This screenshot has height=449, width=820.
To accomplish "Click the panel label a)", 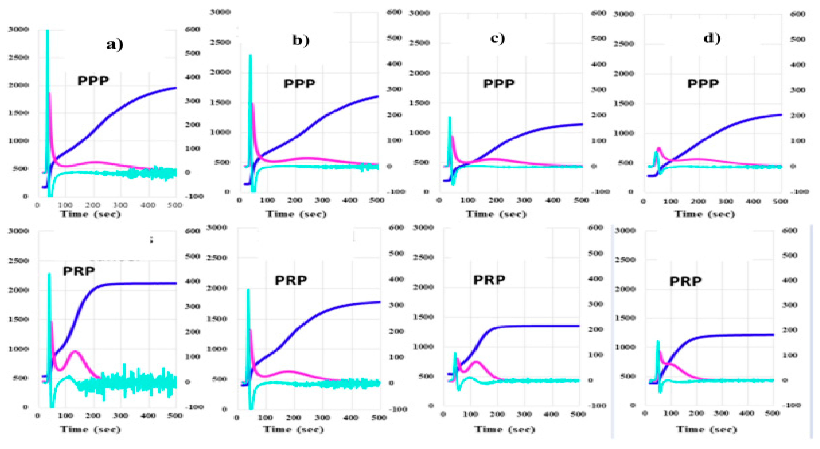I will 115,44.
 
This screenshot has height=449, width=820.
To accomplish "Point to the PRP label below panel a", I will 79,271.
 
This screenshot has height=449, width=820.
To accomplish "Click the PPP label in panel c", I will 499,84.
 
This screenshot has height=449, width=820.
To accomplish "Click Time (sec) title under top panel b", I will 296,214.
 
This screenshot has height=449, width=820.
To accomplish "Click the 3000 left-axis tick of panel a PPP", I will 18,29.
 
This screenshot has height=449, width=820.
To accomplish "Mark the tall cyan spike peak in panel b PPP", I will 250,56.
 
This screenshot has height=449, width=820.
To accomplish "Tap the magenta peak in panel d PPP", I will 659,148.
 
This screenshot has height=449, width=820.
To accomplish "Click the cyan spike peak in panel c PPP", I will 450,118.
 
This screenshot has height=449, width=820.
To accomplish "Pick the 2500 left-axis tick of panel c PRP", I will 423,257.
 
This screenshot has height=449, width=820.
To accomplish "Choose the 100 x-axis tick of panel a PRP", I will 65,416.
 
